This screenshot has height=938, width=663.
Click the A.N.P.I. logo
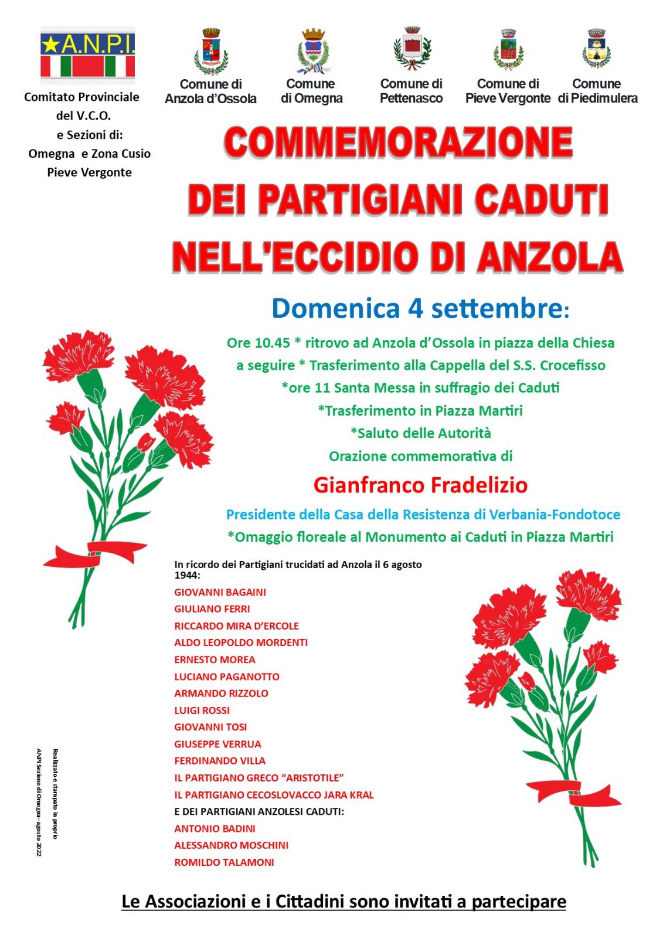click(x=87, y=55)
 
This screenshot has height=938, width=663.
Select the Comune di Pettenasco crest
click(x=412, y=49)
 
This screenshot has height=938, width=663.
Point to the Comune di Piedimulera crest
click(x=596, y=49)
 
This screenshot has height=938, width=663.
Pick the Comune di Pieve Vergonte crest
click(x=508, y=50)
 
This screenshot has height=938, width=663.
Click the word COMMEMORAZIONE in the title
click(x=398, y=142)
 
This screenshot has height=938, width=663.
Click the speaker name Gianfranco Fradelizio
click(x=420, y=485)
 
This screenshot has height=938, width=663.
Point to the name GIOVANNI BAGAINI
click(x=220, y=592)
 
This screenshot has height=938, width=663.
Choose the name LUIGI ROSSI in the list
click(x=202, y=710)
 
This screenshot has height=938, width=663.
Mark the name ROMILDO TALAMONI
click(x=224, y=862)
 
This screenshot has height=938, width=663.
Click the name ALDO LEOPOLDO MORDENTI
click(x=241, y=643)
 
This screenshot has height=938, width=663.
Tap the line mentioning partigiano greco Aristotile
click(x=259, y=777)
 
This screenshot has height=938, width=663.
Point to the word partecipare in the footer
click(x=519, y=901)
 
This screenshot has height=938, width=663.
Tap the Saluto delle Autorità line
click(x=420, y=433)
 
